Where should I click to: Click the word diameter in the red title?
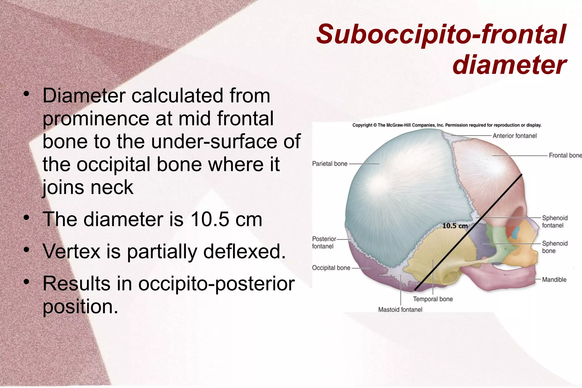pos(509,65)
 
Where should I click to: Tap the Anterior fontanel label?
pos(514,136)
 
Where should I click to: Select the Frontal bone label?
pos(565,155)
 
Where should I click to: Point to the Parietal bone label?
pos(330,164)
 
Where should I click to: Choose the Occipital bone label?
pos(331,268)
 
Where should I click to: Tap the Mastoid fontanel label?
pos(400,310)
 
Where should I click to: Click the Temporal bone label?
pos(433,299)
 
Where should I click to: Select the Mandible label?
pos(554,280)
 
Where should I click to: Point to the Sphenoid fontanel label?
pos(554,222)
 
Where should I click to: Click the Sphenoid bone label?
pos(554,247)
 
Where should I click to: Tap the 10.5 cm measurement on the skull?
pos(455,226)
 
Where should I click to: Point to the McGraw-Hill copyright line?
pos(447,125)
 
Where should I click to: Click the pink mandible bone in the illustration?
pos(500,277)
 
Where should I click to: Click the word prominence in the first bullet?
pos(96,119)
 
